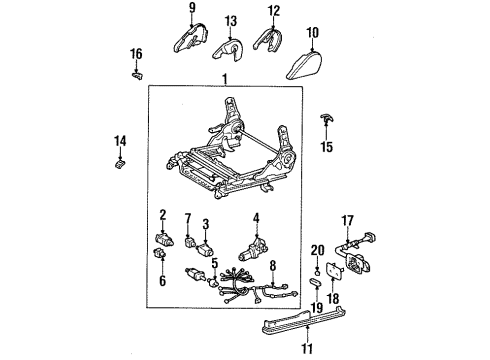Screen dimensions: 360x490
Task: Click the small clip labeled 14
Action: pos(121,163)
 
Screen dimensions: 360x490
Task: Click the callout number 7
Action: pos(188,217)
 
